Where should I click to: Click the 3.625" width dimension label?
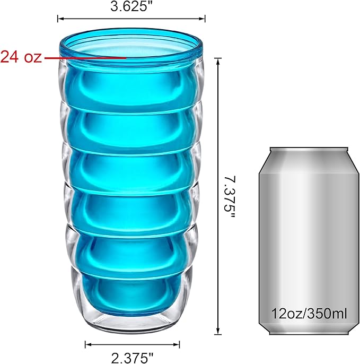click(132, 6)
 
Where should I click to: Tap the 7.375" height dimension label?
click(230, 197)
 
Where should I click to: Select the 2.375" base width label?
click(133, 358)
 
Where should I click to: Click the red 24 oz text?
click(21, 57)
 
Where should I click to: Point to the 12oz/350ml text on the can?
click(309, 314)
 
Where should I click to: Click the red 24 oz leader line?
click(85, 57)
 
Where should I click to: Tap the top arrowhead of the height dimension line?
click(217, 62)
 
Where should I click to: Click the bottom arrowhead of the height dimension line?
click(217, 330)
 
